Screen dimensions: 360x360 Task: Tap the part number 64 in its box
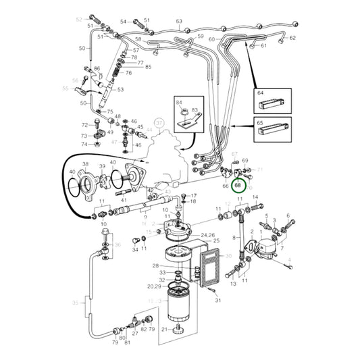pos(261,93)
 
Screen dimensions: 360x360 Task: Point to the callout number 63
pos(180,22)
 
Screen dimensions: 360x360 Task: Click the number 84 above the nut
pos(179,102)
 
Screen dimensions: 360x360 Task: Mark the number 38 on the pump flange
pos(85,165)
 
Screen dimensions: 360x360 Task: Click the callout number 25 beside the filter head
pos(216,241)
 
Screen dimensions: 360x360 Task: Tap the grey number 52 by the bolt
pos(78,19)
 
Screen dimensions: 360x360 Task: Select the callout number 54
pos(124,22)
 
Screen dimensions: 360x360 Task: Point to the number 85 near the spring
pos(148,67)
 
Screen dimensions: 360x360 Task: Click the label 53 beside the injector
pos(121,89)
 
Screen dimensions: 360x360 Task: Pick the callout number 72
pos(85,126)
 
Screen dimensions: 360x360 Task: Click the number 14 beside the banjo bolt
pos(255,198)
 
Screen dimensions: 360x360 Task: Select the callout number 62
pos(293,38)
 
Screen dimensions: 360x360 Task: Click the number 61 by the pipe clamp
pos(263,46)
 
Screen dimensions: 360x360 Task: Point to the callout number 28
pos(155,266)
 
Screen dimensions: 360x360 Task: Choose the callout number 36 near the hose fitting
pos(118,245)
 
